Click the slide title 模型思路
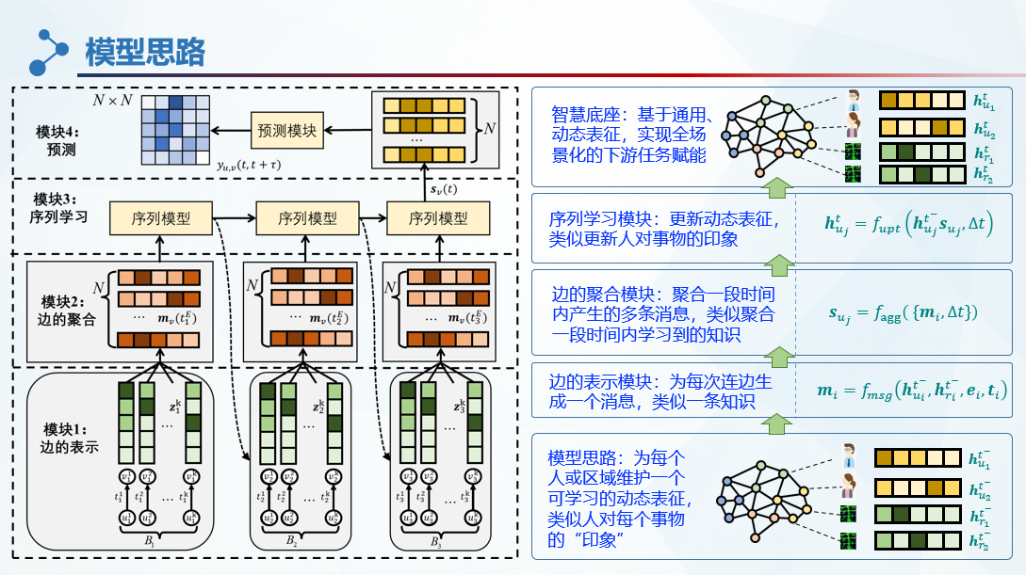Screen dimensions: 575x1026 (x=145, y=52)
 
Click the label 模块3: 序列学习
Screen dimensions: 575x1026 (x=57, y=209)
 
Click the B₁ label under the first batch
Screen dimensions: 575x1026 (x=148, y=541)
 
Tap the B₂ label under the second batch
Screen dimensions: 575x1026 (x=291, y=542)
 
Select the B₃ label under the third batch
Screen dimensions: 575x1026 (x=434, y=543)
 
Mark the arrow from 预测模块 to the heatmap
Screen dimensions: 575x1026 (x=232, y=130)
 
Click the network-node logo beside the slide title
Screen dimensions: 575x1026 (x=49, y=52)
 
